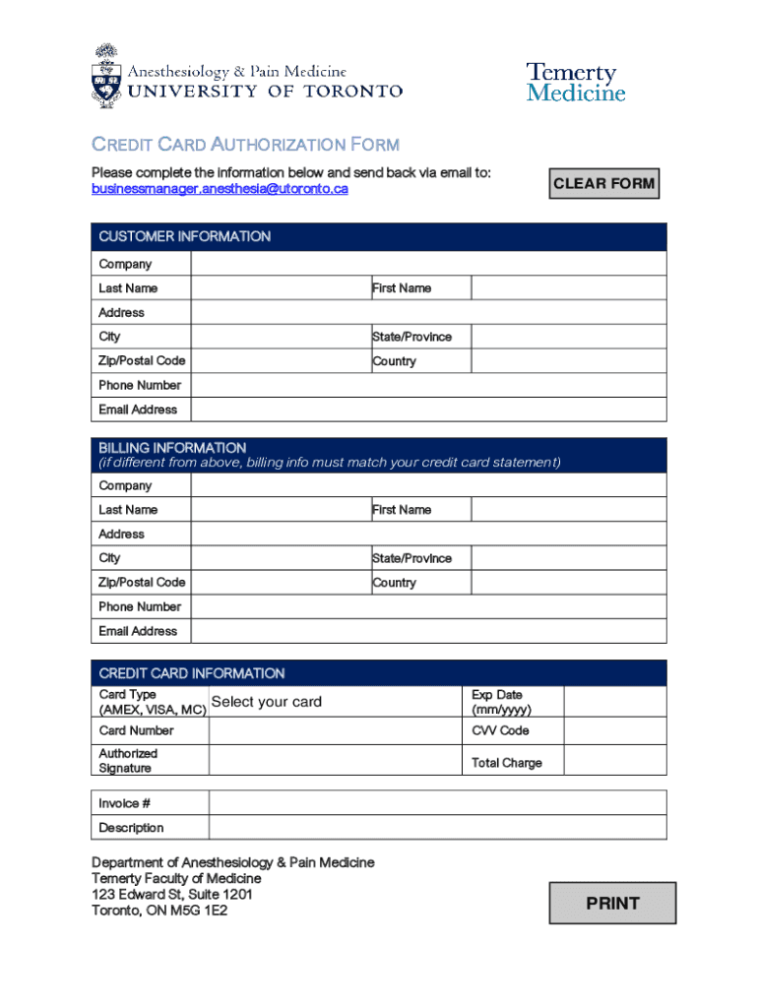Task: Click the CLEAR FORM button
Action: pyautogui.click(x=603, y=183)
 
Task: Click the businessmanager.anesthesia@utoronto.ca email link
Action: pyautogui.click(x=220, y=189)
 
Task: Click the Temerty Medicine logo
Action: pyautogui.click(x=576, y=83)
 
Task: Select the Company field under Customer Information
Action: pyautogui.click(x=428, y=264)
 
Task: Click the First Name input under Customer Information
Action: pyautogui.click(x=568, y=288)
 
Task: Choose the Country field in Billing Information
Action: pyautogui.click(x=568, y=583)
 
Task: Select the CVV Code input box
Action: pyautogui.click(x=614, y=730)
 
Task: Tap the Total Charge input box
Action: pyautogui.click(x=614, y=762)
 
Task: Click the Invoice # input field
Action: pyautogui.click(x=437, y=803)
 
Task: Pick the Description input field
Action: pyautogui.click(x=437, y=828)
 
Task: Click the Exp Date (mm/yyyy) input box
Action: pyautogui.click(x=614, y=702)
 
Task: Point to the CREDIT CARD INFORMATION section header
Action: pyautogui.click(x=192, y=673)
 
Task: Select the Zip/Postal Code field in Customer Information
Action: pyautogui.click(x=281, y=361)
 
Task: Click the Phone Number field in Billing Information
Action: pyautogui.click(x=428, y=606)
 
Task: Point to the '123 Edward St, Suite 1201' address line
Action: pyautogui.click(x=172, y=895)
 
